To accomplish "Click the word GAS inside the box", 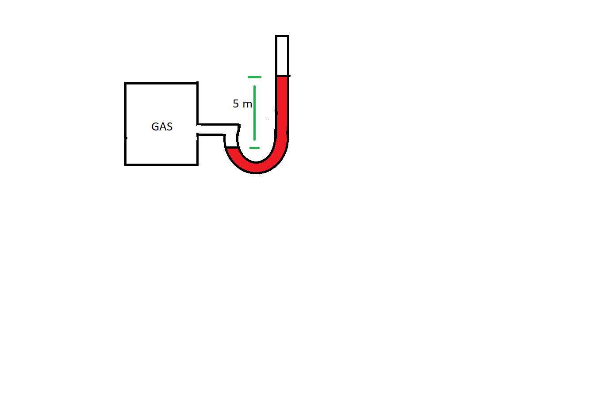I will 162,127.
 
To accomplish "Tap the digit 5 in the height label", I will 236,104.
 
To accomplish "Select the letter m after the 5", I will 247,104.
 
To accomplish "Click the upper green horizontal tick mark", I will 254,77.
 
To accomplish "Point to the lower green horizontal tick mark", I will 254,148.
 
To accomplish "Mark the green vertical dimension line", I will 254,113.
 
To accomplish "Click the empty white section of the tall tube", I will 282,55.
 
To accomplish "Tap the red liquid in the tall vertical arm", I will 282,106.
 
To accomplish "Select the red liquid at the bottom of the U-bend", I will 256,167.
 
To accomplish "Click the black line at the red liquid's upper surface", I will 283,76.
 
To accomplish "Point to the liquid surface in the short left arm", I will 232,147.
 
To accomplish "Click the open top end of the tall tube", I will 282,36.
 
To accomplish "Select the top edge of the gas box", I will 161,83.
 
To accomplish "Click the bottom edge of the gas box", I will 161,165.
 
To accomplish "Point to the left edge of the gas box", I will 126,124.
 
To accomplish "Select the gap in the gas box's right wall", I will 197,129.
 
